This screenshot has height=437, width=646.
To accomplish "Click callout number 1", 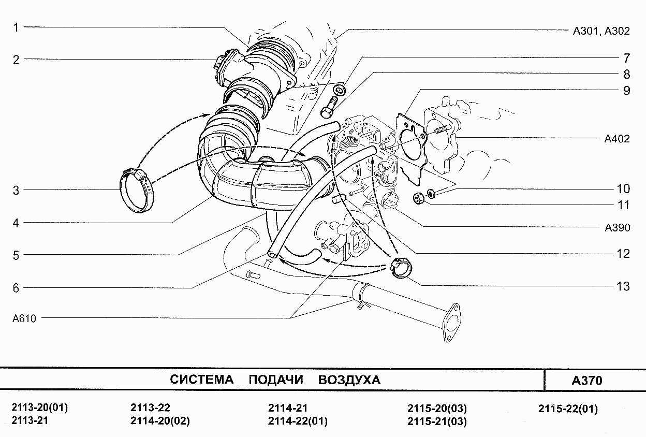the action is click(x=16, y=27).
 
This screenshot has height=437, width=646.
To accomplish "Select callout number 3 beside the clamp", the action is click(x=16, y=191).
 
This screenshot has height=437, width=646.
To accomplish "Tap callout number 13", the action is click(x=623, y=286).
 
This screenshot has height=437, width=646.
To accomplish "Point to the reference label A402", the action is click(x=617, y=139).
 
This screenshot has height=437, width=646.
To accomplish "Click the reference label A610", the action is click(x=24, y=318).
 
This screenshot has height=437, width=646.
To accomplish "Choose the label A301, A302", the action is click(x=601, y=31).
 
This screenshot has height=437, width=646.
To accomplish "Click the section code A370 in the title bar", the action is click(x=587, y=381).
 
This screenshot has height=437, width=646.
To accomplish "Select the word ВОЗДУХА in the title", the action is click(x=349, y=380).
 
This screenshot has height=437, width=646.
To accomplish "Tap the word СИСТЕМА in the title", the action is click(x=201, y=380).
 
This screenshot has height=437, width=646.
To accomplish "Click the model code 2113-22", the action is click(x=150, y=407).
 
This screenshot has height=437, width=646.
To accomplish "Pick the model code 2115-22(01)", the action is click(x=568, y=409).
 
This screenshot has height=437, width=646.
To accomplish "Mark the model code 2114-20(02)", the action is click(x=160, y=421).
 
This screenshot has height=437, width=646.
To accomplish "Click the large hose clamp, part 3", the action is click(x=137, y=191).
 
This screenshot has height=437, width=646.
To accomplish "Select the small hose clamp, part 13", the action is click(x=401, y=268).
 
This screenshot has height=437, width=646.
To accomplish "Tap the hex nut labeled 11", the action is click(x=418, y=198).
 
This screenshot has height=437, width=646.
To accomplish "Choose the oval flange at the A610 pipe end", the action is click(x=451, y=323).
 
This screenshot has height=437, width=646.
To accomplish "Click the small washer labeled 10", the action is click(x=431, y=194).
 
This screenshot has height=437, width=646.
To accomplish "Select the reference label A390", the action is click(x=617, y=228).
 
